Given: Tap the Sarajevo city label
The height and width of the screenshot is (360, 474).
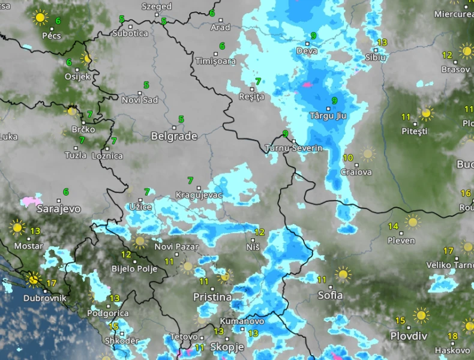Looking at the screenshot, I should click(x=58, y=209).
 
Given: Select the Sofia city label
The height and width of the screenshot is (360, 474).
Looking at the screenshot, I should click(x=331, y=295).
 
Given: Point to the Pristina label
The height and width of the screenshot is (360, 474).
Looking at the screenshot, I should click(x=212, y=297).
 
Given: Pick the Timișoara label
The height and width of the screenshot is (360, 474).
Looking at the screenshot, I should click(x=216, y=61).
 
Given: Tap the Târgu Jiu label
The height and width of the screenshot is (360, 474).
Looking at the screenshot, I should click(x=329, y=115).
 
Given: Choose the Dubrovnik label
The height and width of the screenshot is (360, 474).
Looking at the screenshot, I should click(x=44, y=298).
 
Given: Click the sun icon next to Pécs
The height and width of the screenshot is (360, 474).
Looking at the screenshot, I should click(x=41, y=17).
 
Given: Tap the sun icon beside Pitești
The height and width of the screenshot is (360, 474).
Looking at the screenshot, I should click(x=427, y=113).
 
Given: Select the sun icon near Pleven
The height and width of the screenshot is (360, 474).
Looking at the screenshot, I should click(x=412, y=221).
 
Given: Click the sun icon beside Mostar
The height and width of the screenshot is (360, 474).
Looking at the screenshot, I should click(x=17, y=227).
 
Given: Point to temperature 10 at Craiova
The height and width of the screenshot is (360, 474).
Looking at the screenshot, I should click(x=348, y=158).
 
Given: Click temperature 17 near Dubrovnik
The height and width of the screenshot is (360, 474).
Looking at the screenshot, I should click(x=51, y=283).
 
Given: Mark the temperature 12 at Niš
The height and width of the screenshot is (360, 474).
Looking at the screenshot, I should click(x=259, y=232).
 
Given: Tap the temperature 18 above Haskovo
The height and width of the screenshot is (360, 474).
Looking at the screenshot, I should click(x=452, y=336).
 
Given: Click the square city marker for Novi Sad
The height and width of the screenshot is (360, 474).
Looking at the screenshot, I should click(x=140, y=92).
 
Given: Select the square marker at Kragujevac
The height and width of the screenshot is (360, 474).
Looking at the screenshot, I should click(x=199, y=188).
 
